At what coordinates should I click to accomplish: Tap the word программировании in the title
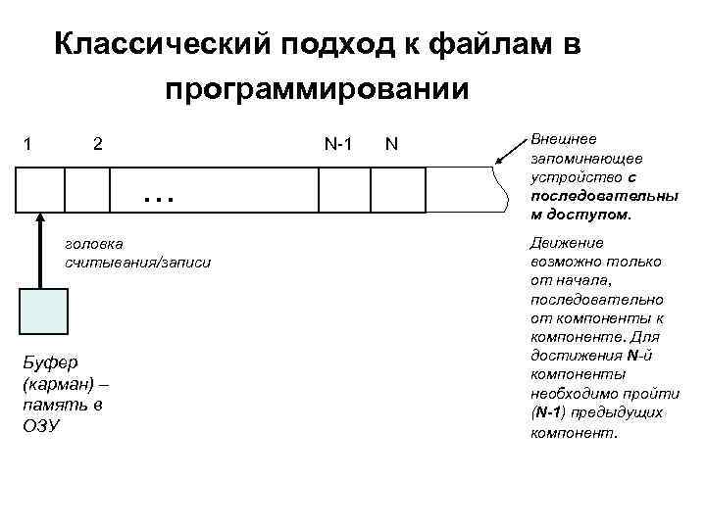[317, 90]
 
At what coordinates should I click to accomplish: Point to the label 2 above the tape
[97, 145]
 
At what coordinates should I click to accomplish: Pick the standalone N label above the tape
[391, 145]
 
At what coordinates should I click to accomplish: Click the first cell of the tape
[41, 190]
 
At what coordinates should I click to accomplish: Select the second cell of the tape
[86, 190]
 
